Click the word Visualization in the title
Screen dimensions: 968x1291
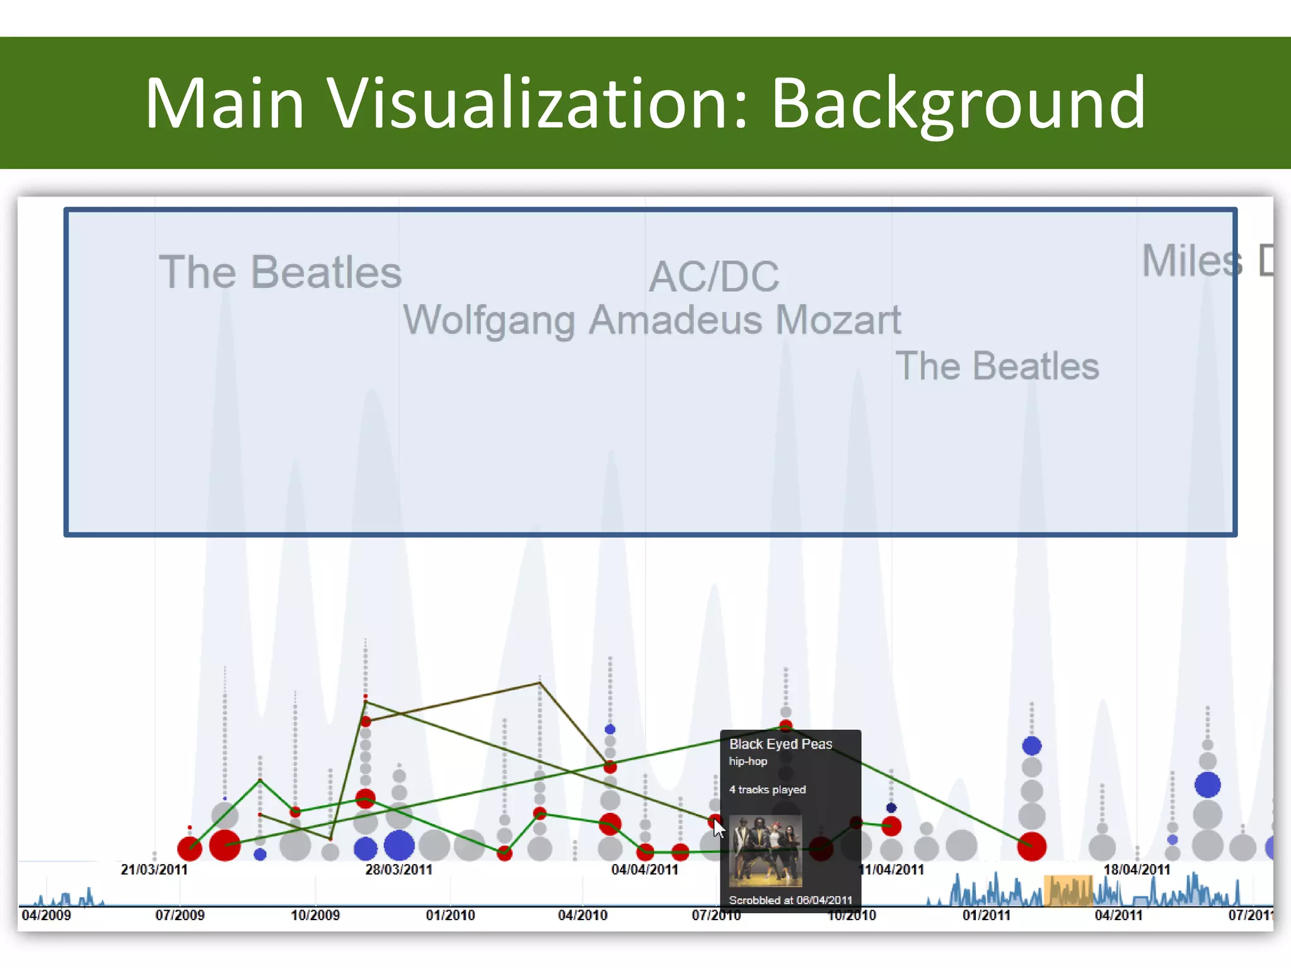pyautogui.click(x=538, y=103)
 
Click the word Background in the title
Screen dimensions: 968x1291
pyautogui.click(x=958, y=103)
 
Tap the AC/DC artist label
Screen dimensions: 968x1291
pyautogui.click(x=714, y=277)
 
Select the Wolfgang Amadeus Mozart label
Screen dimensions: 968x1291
pyautogui.click(x=652, y=320)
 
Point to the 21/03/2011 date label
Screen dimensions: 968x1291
pyautogui.click(x=154, y=870)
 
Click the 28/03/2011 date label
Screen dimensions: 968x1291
pyautogui.click(x=398, y=870)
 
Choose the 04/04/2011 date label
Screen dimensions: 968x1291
pyautogui.click(x=644, y=870)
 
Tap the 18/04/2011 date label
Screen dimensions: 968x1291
pyautogui.click(x=1136, y=870)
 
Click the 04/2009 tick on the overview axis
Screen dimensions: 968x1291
pyautogui.click(x=46, y=915)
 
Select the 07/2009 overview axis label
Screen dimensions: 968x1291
pyautogui.click(x=180, y=915)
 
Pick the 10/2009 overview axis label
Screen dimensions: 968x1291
pyautogui.click(x=315, y=915)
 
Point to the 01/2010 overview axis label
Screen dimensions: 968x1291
pyautogui.click(x=450, y=915)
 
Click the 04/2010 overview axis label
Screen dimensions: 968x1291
pyautogui.click(x=582, y=915)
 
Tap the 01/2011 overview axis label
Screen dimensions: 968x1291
pyautogui.click(x=986, y=915)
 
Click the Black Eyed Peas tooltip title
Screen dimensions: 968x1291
pyautogui.click(x=780, y=744)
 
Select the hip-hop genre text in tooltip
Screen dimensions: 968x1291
pyautogui.click(x=748, y=761)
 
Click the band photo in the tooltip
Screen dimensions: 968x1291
pyautogui.click(x=765, y=851)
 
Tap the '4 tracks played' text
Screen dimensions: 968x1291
pyautogui.click(x=767, y=790)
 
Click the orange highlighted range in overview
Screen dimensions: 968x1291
pyautogui.click(x=1068, y=890)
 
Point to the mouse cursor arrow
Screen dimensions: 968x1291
pyautogui.click(x=718, y=828)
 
